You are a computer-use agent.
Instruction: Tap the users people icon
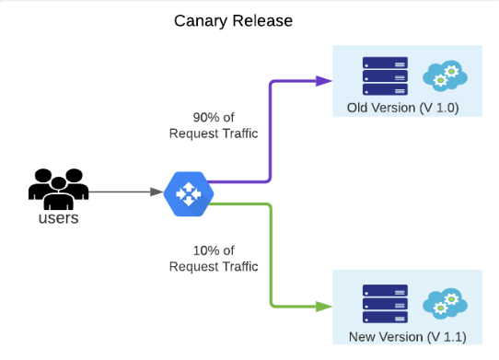tap(58, 189)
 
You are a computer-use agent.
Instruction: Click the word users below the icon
tap(58, 218)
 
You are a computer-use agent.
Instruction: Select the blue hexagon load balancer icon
tap(188, 192)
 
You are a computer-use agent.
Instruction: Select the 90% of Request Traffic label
tap(213, 125)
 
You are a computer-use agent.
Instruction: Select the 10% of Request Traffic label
tap(213, 258)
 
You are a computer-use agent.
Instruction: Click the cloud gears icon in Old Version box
tap(445, 75)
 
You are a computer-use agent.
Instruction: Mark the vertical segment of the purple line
tap(269, 129)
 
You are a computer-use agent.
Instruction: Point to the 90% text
tap(202, 117)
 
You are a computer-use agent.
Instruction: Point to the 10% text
tap(202, 250)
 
